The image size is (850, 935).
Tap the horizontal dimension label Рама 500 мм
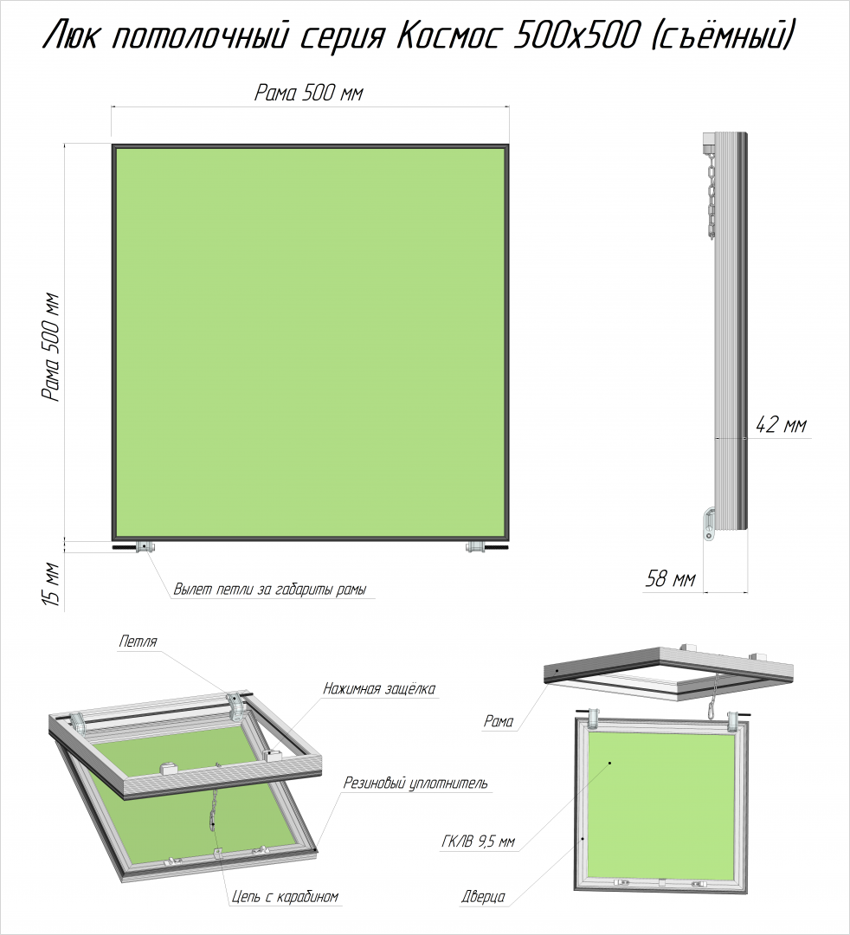coord(309,93)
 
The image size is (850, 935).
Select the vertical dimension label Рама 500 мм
coord(51,346)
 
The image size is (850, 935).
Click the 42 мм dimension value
coord(781,425)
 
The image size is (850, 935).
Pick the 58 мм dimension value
coord(671,578)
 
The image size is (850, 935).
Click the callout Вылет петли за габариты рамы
coord(269,590)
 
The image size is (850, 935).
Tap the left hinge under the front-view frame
coord(145,546)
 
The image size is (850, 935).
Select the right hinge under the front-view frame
coord(475,546)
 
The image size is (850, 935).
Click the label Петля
coord(138,642)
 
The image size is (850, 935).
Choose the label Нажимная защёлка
coord(379,689)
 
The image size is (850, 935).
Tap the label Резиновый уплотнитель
coord(415,783)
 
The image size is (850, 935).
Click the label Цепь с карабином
coord(285,896)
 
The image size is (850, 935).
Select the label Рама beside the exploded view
coord(499,721)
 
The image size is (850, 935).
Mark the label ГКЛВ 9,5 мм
coord(479,842)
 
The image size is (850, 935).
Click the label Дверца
coord(483,896)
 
